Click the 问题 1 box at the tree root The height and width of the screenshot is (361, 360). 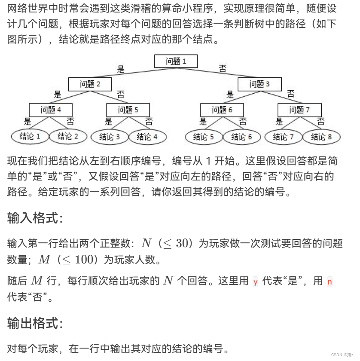click(176, 61)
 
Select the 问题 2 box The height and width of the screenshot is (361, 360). click(90, 84)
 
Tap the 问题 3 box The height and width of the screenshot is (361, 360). click(259, 84)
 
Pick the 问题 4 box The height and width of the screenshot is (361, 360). click(51, 110)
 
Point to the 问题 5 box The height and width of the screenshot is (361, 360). click(128, 110)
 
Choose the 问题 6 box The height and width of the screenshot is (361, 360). click(222, 110)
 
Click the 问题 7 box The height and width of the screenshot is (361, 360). click(299, 110)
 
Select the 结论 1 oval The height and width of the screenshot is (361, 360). click(30, 137)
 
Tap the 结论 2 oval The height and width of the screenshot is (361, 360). click(68, 137)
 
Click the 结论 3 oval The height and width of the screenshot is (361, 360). click(109, 137)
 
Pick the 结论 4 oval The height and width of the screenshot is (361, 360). click(147, 137)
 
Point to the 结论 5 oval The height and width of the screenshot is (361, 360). click(204, 137)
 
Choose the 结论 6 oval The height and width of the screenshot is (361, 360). click(241, 137)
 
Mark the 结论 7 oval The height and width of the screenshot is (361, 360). click(283, 137)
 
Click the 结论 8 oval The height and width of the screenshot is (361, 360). click(321, 137)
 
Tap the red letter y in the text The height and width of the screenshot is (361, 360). click(256, 282)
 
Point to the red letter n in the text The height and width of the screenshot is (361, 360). click(330, 282)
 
